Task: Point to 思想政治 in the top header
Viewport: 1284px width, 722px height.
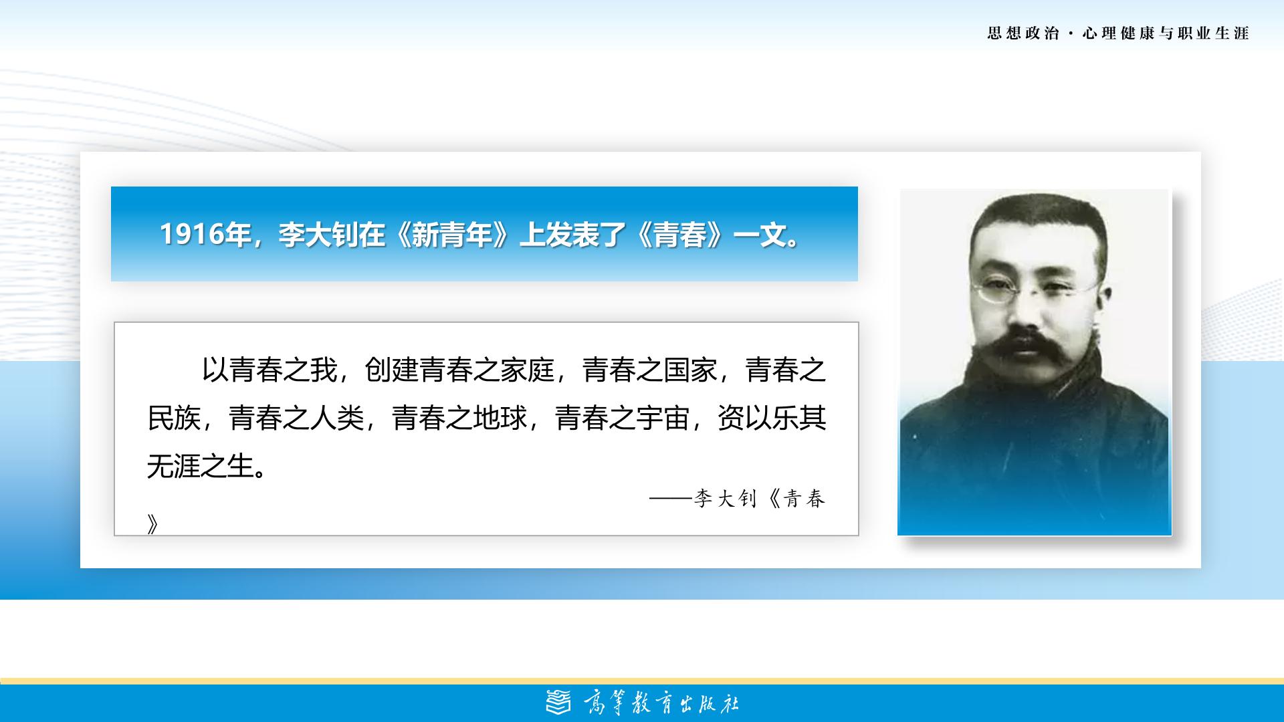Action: [x=1023, y=33]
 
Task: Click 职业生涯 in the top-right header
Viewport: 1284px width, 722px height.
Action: [x=1213, y=33]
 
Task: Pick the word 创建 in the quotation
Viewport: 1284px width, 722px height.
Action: [x=392, y=370]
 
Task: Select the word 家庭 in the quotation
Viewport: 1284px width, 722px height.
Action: [x=528, y=370]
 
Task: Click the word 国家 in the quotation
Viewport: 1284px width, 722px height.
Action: [x=691, y=370]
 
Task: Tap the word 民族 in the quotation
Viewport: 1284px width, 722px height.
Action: [x=175, y=418]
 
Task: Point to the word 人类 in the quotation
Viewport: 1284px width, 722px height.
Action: [x=337, y=418]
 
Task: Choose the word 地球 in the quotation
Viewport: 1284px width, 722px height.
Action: [x=500, y=418]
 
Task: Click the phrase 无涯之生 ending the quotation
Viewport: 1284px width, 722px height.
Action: [x=201, y=467]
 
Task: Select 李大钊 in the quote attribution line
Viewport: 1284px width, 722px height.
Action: [x=725, y=499]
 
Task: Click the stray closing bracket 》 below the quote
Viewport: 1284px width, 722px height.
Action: [x=153, y=525]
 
